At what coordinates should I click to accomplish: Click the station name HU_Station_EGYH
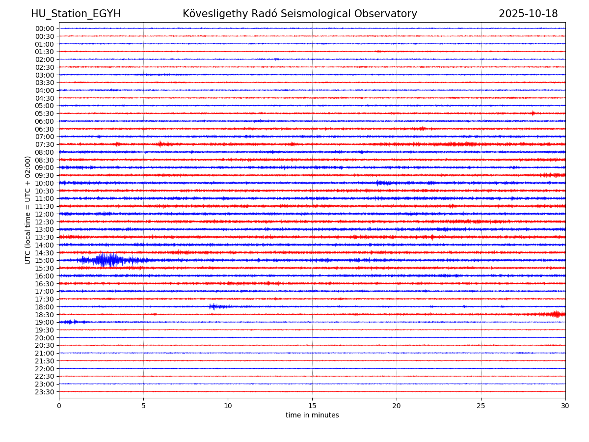click(x=76, y=14)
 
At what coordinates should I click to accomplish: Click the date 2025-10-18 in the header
click(x=528, y=14)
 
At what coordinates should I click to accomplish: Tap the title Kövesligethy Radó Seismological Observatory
click(x=299, y=14)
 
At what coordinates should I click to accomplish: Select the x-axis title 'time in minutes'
click(x=312, y=415)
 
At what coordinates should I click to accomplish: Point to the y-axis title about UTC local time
click(x=28, y=210)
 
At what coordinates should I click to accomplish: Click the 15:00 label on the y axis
click(x=44, y=260)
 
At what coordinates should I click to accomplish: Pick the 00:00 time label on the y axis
click(x=44, y=28)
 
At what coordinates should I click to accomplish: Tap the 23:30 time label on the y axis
click(x=44, y=392)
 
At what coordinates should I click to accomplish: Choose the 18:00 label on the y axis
click(x=44, y=307)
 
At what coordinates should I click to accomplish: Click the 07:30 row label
click(x=44, y=144)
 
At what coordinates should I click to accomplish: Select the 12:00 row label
click(x=44, y=214)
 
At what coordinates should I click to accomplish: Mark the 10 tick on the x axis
click(x=228, y=406)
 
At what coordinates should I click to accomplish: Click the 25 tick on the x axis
click(x=481, y=406)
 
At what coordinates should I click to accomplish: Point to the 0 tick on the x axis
click(x=59, y=406)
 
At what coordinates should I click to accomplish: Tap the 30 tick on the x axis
click(x=565, y=406)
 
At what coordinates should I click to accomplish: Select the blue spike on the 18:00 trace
click(x=213, y=306)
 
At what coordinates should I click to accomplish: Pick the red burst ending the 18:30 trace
click(x=556, y=314)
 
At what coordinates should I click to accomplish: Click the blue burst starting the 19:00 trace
click(x=70, y=322)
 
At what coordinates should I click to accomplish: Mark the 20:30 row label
click(x=44, y=345)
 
